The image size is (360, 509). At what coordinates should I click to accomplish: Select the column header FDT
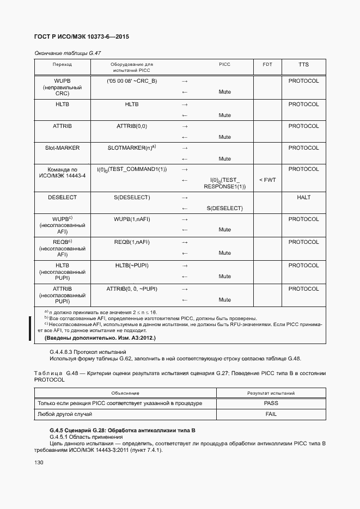[267, 64]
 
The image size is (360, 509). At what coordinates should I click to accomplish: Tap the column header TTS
[303, 64]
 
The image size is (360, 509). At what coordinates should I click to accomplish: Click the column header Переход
[62, 64]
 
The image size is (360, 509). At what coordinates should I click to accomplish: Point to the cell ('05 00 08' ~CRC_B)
[132, 81]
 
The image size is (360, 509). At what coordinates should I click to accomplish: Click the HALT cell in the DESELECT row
[303, 197]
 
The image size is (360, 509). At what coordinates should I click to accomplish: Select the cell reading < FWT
[267, 180]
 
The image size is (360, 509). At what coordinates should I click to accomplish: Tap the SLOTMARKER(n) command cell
[132, 148]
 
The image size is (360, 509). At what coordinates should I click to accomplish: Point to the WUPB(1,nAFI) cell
[132, 219]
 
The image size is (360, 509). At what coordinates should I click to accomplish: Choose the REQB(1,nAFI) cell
[132, 242]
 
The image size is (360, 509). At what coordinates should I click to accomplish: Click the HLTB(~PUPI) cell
[132, 265]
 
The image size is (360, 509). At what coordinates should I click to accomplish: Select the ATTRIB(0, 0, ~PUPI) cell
[132, 289]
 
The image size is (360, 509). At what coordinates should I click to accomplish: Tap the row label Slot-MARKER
[62, 148]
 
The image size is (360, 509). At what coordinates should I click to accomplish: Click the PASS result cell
[271, 403]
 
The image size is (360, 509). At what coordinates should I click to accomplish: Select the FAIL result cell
[271, 414]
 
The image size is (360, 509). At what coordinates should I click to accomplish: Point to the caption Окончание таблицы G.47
[68, 53]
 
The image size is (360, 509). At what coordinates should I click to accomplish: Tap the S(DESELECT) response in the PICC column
[225, 208]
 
